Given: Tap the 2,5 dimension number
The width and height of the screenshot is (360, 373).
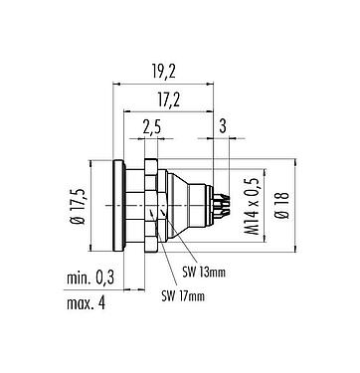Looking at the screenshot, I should pyautogui.click(x=152, y=125).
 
